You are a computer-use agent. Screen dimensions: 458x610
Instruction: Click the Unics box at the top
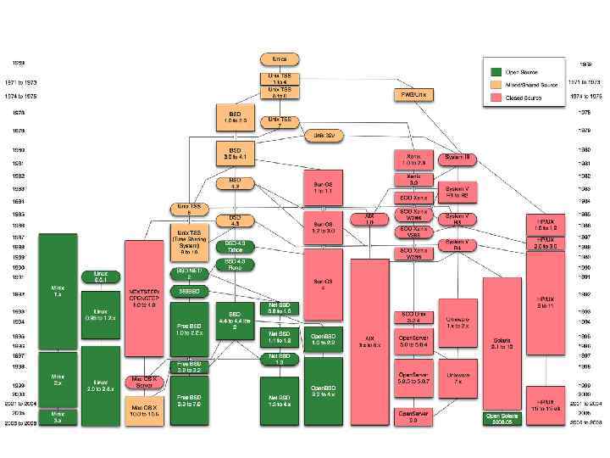pos(279,59)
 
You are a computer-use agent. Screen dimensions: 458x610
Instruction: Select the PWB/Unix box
pos(413,94)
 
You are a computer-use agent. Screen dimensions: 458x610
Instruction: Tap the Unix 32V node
pos(320,135)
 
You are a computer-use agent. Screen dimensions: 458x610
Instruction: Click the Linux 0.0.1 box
pos(101,277)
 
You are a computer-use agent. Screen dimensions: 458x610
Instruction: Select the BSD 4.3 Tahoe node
pos(235,247)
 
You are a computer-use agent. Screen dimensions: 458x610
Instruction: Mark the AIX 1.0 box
pos(369,220)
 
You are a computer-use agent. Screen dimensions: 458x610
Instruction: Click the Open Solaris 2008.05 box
pos(503,418)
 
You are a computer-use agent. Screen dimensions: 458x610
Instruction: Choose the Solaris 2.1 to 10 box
pos(503,343)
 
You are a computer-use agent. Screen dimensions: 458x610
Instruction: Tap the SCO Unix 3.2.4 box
pos(413,317)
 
